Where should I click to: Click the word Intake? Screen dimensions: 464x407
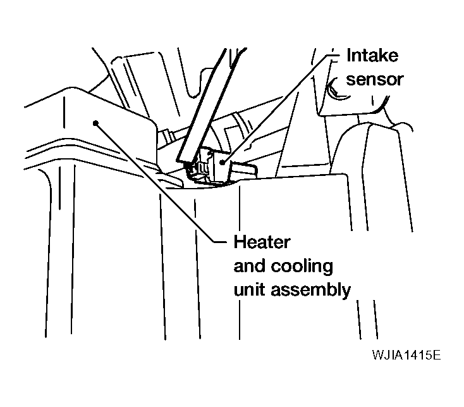click(372, 56)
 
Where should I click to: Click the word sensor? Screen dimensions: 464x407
click(375, 80)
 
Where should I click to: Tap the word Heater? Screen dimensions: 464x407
click(262, 242)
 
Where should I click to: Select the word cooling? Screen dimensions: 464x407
click(302, 266)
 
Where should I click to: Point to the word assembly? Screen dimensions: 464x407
click(311, 290)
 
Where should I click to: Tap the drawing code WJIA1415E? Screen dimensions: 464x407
click(406, 355)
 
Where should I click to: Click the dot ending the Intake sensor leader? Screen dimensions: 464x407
click(223, 162)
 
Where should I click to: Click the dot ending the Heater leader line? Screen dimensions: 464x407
click(95, 123)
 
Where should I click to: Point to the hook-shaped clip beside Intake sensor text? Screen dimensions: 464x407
click(335, 89)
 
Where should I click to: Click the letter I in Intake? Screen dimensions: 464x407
click(348, 56)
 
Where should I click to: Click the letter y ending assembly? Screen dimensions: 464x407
click(346, 292)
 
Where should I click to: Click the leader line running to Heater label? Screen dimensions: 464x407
click(161, 182)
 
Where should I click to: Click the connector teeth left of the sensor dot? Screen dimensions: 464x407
click(199, 168)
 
